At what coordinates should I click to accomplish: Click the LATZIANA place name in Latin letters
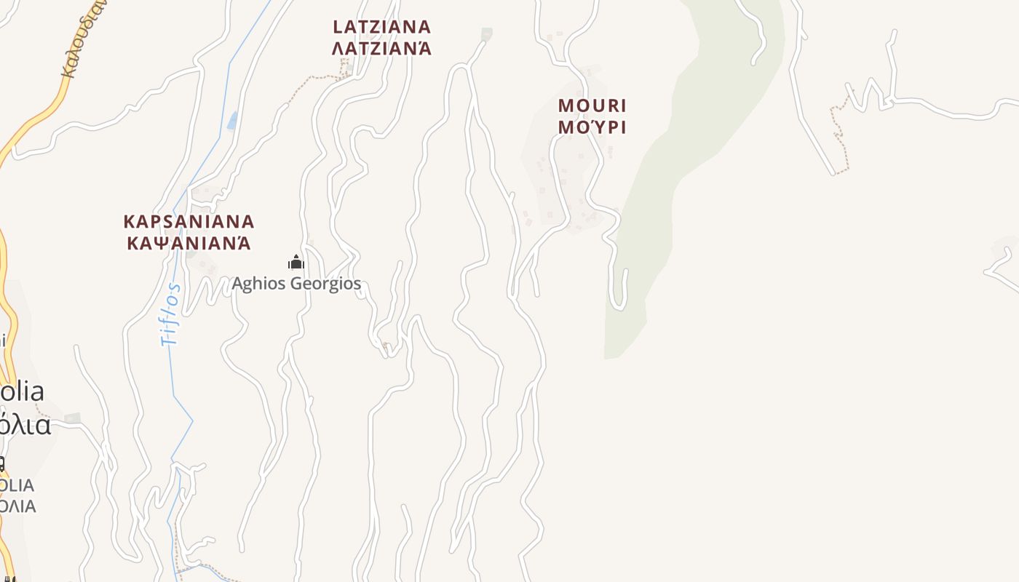(x=381, y=27)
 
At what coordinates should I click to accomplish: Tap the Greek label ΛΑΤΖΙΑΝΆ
(x=381, y=49)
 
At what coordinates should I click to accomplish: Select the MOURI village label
(x=592, y=105)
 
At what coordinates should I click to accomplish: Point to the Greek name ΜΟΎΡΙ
(x=592, y=127)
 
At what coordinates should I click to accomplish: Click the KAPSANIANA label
(x=189, y=221)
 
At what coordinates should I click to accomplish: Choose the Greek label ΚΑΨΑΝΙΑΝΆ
(x=189, y=243)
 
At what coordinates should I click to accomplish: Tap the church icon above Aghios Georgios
(x=296, y=262)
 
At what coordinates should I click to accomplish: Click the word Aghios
(x=258, y=283)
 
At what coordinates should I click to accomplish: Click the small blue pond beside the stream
(x=232, y=120)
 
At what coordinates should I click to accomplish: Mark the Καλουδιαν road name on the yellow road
(x=82, y=40)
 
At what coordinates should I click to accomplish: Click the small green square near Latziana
(x=486, y=33)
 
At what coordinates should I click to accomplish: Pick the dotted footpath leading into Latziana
(x=313, y=81)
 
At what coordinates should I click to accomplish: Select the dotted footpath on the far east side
(x=841, y=138)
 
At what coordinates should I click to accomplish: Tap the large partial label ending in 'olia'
(x=22, y=391)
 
